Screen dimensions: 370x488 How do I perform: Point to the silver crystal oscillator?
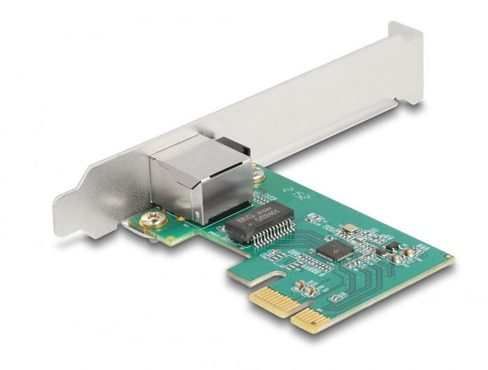(350, 229)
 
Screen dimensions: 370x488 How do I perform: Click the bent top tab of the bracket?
(406, 63)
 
